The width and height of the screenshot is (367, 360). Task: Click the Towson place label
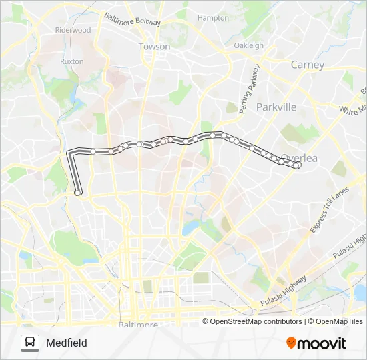[x=154, y=47]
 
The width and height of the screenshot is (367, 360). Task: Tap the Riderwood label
[x=73, y=30]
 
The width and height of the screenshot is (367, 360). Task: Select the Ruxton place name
[x=71, y=61]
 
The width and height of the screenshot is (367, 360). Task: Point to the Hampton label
[x=213, y=18]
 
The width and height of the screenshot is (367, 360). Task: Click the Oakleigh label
[x=248, y=45]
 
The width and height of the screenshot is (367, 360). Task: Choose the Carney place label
[x=308, y=65]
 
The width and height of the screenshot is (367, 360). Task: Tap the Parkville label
[x=276, y=107]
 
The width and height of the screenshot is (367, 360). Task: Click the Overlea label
[x=299, y=158]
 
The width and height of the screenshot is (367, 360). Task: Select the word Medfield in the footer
[x=67, y=343]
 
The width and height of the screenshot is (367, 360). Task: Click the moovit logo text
[x=322, y=343]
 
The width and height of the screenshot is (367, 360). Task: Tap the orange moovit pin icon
[x=291, y=343]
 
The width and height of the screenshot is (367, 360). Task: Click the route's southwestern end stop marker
[x=78, y=193]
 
